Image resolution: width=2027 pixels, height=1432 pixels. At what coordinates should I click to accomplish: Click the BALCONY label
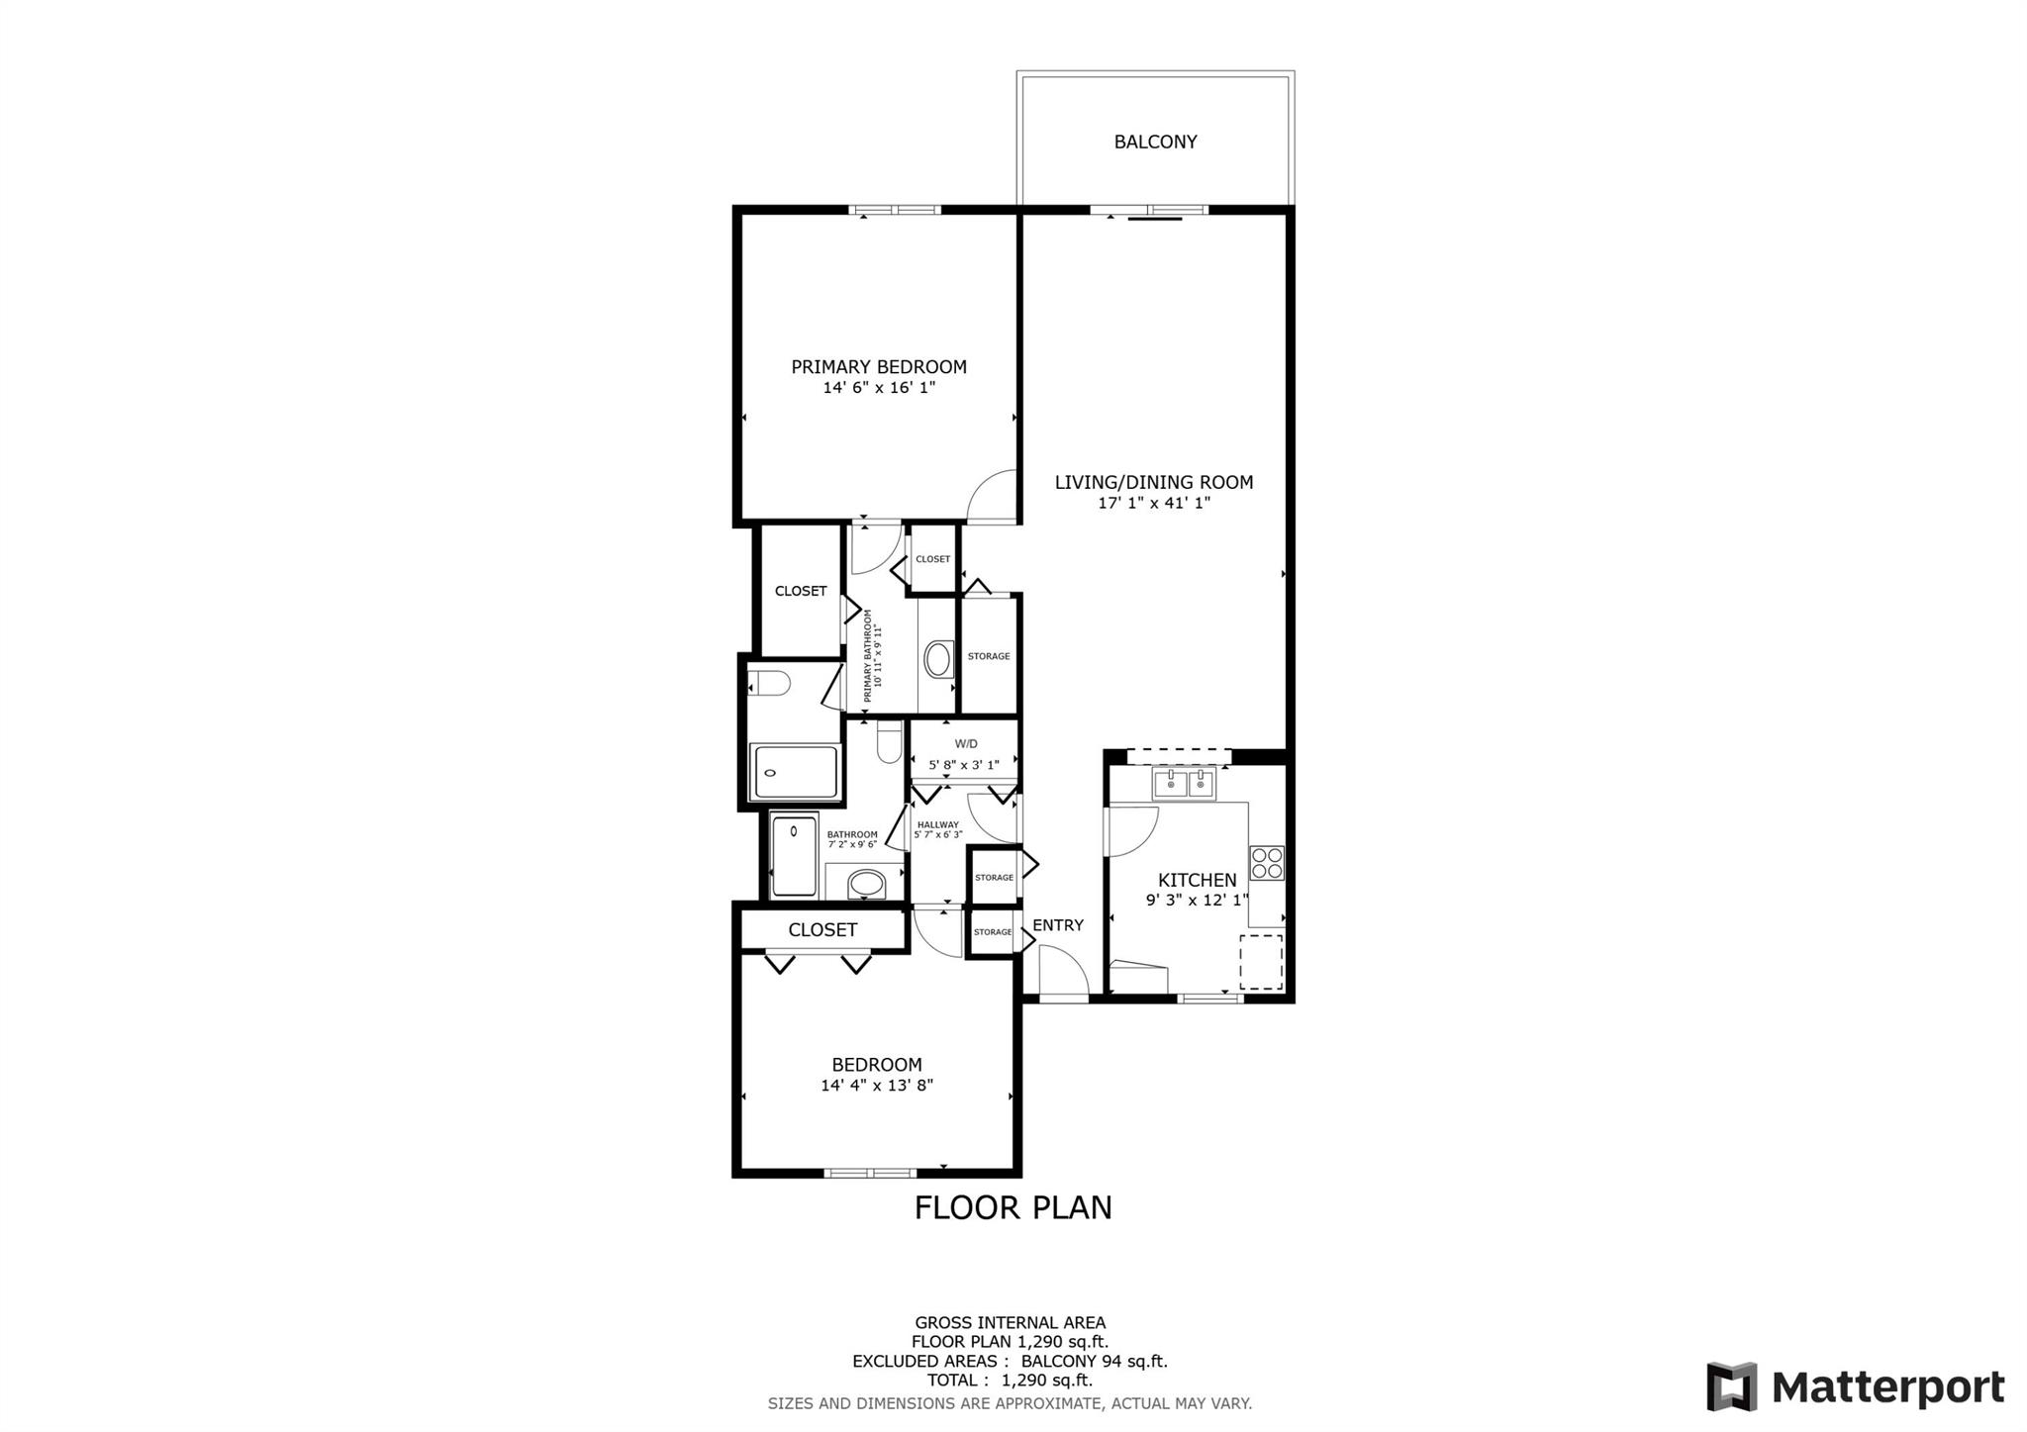point(1155,142)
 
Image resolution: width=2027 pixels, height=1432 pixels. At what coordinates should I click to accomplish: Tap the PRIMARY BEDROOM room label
point(879,367)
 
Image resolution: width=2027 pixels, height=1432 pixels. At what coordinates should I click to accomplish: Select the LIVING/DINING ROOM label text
point(1154,483)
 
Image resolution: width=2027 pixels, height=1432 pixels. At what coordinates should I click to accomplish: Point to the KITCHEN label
point(1198,880)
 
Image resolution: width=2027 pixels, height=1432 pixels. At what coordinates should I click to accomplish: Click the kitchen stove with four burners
point(1267,863)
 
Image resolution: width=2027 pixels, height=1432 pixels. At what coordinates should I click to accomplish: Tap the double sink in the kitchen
point(1184,785)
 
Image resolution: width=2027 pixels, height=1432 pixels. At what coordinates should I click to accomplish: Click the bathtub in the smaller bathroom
point(795,856)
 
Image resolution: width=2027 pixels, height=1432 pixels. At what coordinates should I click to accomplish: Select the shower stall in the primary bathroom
point(796,772)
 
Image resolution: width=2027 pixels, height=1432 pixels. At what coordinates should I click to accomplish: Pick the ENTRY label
point(1058,925)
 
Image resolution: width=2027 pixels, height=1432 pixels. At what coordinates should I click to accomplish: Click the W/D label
point(966,744)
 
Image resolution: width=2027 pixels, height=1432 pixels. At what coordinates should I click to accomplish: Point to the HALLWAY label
point(937,825)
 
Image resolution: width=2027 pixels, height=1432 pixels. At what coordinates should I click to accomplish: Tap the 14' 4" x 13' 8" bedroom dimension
point(877,1086)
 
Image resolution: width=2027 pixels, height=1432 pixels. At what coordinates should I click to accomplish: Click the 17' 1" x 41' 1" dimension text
point(1154,503)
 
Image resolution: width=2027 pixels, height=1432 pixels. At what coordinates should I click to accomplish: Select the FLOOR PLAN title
point(1013,1208)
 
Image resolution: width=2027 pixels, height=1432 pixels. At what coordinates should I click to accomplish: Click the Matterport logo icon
point(1732,1386)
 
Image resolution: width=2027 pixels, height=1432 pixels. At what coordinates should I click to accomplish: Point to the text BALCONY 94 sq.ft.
point(1095,1361)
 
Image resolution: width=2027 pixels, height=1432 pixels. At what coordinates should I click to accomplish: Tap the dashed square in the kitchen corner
point(1261,962)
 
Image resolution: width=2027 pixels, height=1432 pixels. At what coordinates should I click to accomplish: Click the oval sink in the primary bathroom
point(938,659)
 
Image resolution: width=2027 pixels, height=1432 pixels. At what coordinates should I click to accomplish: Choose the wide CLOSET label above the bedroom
point(822,930)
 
